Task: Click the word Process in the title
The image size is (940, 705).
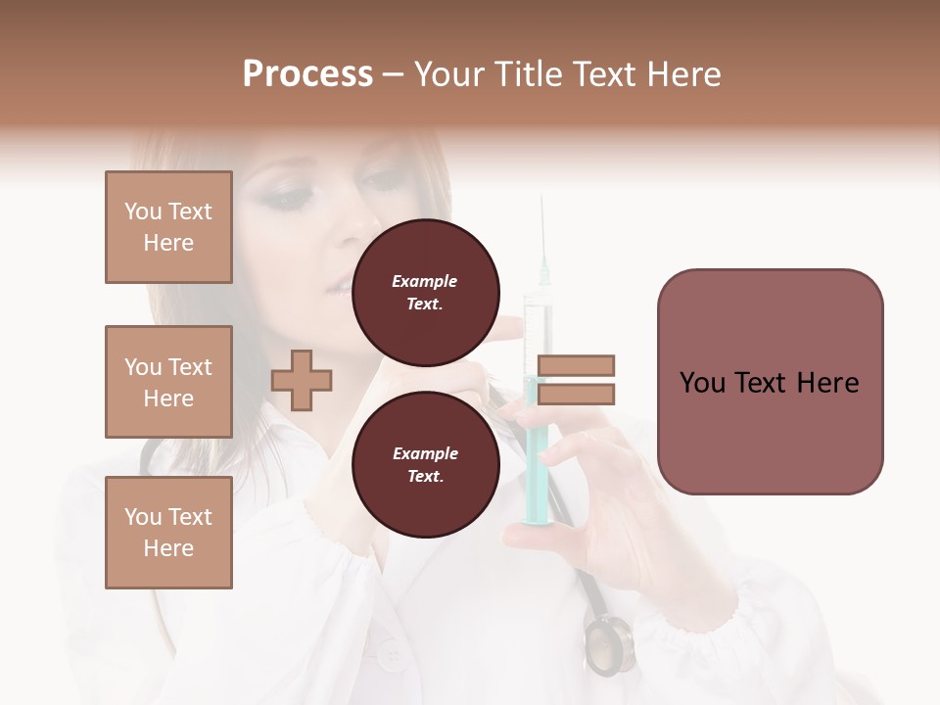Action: [307, 74]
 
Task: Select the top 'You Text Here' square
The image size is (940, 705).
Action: [168, 227]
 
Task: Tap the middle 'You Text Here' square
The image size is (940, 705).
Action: [168, 382]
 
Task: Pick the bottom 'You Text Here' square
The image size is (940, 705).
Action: [168, 532]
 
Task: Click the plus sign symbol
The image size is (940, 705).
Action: [302, 380]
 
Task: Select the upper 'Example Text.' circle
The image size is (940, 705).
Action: [425, 292]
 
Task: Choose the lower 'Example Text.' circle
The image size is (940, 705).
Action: [425, 464]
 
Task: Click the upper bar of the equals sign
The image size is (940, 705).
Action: [576, 365]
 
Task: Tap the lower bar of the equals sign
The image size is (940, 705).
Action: [576, 395]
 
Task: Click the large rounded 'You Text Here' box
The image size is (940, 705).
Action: [770, 382]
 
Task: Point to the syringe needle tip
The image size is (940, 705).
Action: [541, 200]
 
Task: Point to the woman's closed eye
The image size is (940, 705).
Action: [290, 199]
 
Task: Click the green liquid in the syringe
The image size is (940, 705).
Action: [536, 450]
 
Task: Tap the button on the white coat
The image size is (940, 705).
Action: [392, 654]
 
